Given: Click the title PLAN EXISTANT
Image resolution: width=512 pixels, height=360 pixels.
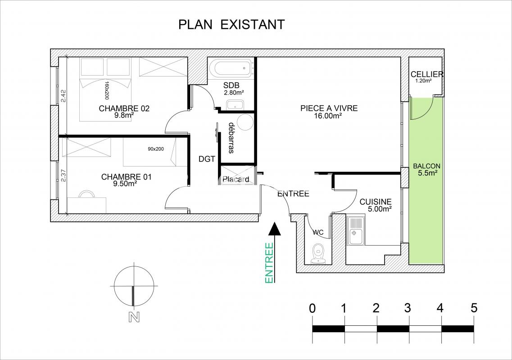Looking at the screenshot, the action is pyautogui.click(x=231, y=24).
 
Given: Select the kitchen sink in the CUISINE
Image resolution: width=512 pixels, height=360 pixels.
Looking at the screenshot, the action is pyautogui.click(x=355, y=230).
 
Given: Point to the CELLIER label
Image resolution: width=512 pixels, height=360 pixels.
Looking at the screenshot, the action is pyautogui.click(x=427, y=74).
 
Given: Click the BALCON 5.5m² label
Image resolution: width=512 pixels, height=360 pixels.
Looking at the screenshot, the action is pyautogui.click(x=427, y=170).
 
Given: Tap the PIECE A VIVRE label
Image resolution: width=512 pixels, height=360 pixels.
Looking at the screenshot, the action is pyautogui.click(x=329, y=108).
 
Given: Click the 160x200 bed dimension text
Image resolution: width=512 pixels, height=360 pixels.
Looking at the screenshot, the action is pyautogui.click(x=106, y=90).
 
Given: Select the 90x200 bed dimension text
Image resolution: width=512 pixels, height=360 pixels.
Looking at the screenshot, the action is pyautogui.click(x=156, y=149).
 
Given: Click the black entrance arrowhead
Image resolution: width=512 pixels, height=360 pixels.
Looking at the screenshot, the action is pyautogui.click(x=275, y=229).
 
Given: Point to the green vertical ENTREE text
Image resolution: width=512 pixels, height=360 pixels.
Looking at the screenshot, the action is pyautogui.click(x=269, y=263).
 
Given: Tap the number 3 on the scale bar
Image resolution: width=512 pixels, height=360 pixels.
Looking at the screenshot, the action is pyautogui.click(x=408, y=308).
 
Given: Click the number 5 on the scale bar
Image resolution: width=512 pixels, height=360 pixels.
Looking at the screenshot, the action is pyautogui.click(x=474, y=308).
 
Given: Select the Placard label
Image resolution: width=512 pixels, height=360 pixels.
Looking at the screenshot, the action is pyautogui.click(x=236, y=179).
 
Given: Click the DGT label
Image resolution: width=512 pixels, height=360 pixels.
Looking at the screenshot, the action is pyautogui.click(x=207, y=159).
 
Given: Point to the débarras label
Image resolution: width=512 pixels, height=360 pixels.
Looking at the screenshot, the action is pyautogui.click(x=231, y=138).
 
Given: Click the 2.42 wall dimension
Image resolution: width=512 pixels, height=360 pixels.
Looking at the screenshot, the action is pyautogui.click(x=63, y=96).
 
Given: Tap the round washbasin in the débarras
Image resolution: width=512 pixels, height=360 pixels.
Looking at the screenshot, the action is pyautogui.click(x=245, y=122).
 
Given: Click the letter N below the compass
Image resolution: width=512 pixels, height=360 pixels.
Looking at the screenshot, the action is pyautogui.click(x=134, y=317).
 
